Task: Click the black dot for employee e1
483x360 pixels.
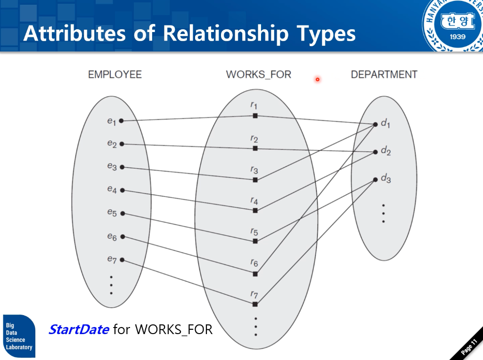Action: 121,121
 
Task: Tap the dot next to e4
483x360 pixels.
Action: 122,190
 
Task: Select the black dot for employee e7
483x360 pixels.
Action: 122,260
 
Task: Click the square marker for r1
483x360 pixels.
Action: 255,115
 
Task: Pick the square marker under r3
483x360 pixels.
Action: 255,180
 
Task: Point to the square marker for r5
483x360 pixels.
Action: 255,241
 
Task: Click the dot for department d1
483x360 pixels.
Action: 376,124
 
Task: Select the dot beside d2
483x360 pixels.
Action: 376,152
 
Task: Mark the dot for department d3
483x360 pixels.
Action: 376,179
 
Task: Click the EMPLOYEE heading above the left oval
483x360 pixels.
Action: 115,74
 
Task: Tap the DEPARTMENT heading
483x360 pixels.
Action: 384,74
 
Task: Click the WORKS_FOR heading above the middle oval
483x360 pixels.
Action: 258,74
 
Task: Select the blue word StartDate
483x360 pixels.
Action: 79,329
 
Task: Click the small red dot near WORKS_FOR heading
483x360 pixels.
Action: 318,79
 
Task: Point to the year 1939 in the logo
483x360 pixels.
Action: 456,37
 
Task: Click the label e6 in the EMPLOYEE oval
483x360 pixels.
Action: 112,237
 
